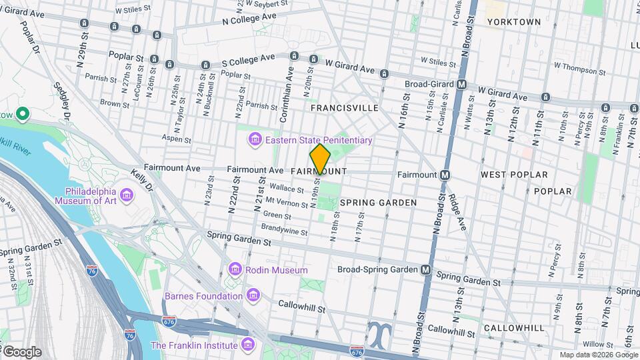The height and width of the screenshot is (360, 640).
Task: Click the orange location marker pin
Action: click(320, 159)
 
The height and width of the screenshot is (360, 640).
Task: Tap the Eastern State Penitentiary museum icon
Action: click(254, 140)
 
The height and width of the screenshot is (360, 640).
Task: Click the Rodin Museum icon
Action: click(234, 269)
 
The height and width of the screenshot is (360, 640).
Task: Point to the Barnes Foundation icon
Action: click(253, 295)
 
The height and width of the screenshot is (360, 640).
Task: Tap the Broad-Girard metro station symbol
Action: click(461, 85)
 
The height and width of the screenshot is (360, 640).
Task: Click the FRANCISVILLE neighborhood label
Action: click(345, 108)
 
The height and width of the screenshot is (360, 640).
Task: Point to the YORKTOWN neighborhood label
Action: click(513, 22)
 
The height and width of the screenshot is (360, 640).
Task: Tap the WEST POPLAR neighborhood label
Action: click(514, 175)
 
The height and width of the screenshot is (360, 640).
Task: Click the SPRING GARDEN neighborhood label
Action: click(378, 203)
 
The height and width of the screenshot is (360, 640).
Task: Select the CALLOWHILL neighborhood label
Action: click(515, 328)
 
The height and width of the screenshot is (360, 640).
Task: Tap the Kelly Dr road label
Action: click(142, 180)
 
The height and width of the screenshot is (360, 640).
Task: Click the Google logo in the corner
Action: click(21, 351)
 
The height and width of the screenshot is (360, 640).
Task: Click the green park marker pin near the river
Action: click(23, 115)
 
